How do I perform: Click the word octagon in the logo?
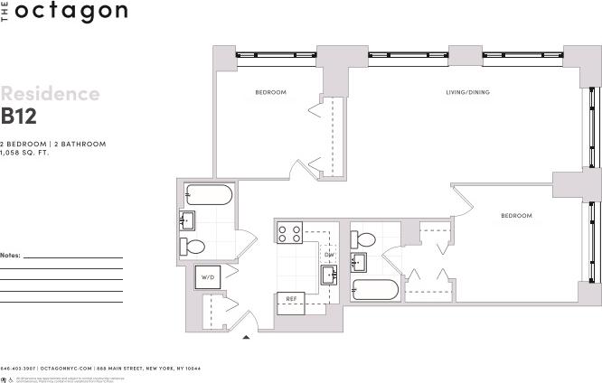[70, 12]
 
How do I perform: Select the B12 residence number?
[19, 116]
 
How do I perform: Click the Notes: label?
[11, 256]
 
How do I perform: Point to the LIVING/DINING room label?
[467, 92]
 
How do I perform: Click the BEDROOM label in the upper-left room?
[270, 92]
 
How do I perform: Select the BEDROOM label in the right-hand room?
[516, 216]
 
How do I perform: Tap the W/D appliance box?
[208, 277]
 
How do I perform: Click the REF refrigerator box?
[292, 298]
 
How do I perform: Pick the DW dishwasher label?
[329, 255]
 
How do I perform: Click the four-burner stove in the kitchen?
[289, 233]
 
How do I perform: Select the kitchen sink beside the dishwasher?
[328, 275]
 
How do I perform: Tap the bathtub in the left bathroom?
[209, 194]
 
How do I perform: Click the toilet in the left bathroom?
[193, 246]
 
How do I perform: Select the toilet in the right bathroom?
[365, 240]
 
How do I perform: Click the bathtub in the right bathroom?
[375, 291]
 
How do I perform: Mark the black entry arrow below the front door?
[246, 338]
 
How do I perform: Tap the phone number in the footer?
[17, 369]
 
